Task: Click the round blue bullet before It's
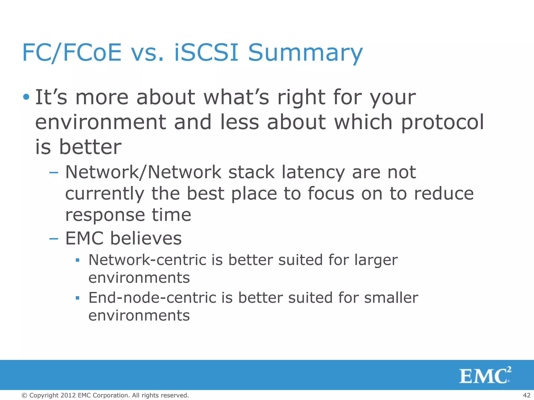(x=26, y=97)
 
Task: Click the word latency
(x=313, y=172)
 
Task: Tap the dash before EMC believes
(x=54, y=239)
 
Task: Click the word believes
(x=146, y=239)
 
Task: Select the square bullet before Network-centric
(x=77, y=260)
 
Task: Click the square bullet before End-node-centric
(x=77, y=298)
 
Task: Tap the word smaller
(x=391, y=298)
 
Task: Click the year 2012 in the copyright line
(x=68, y=395)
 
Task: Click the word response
(x=105, y=216)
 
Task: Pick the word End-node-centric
(x=152, y=298)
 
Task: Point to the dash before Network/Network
(x=54, y=172)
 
